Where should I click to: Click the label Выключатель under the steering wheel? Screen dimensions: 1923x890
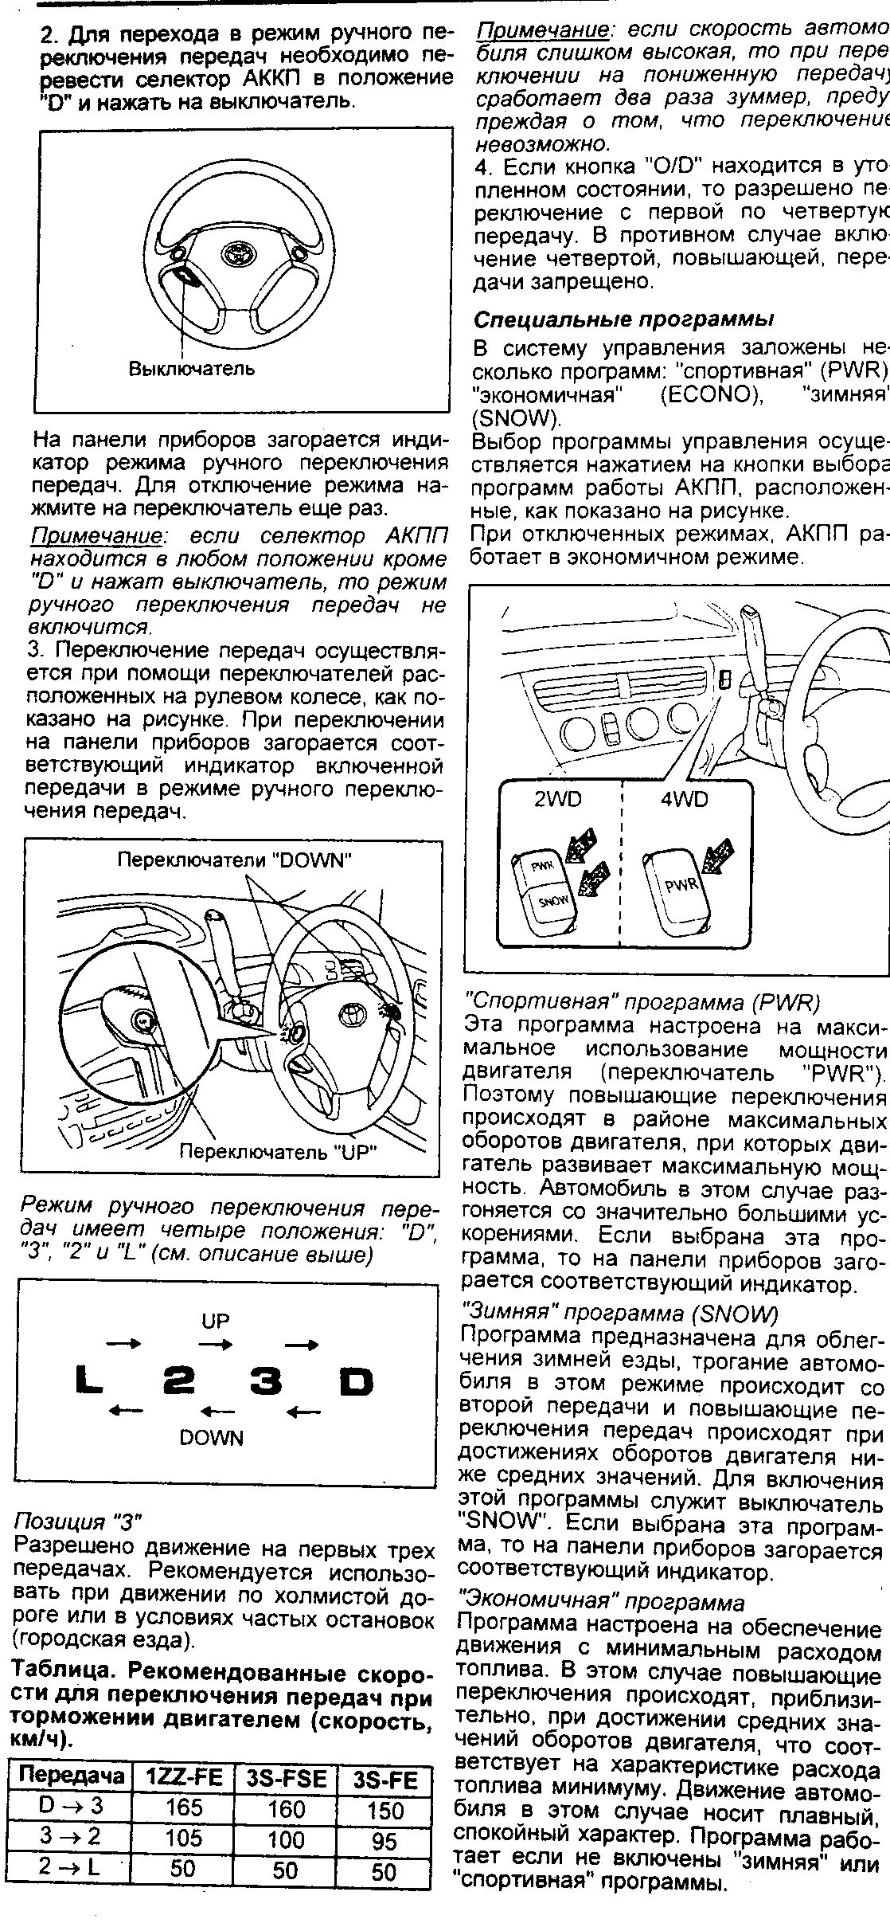(192, 369)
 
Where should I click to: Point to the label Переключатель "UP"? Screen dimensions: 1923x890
(278, 1151)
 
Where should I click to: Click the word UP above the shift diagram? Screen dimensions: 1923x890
(215, 1322)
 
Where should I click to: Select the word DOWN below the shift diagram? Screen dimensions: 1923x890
(212, 1438)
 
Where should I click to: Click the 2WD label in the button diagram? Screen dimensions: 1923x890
(559, 799)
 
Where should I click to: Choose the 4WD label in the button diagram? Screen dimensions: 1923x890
(685, 799)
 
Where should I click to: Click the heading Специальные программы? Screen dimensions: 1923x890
(624, 319)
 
